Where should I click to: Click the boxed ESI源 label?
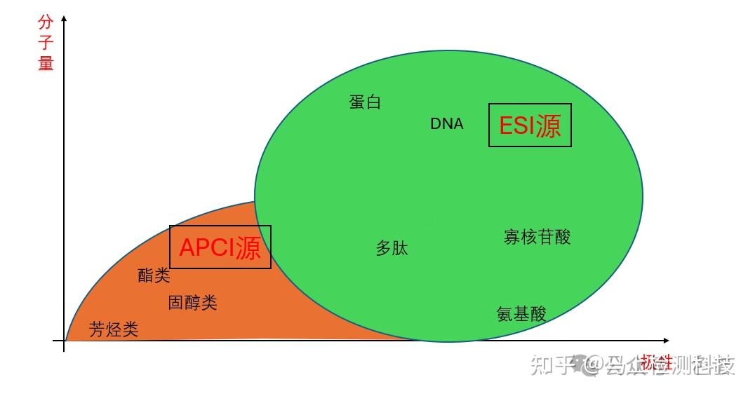click(530, 125)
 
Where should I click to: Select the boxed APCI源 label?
click(220, 247)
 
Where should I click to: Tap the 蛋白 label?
click(365, 102)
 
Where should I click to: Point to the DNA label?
click(447, 124)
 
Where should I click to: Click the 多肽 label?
click(392, 248)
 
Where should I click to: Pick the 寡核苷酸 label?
click(537, 237)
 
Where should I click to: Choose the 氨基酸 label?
click(521, 313)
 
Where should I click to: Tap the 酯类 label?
click(154, 275)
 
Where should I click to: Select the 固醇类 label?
click(192, 303)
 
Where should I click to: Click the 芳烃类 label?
click(114, 330)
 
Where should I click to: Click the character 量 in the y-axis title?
click(46, 63)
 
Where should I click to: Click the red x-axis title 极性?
click(656, 362)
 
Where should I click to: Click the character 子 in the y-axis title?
click(46, 43)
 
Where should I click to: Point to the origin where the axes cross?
click(65, 341)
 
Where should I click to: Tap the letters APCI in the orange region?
click(207, 247)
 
